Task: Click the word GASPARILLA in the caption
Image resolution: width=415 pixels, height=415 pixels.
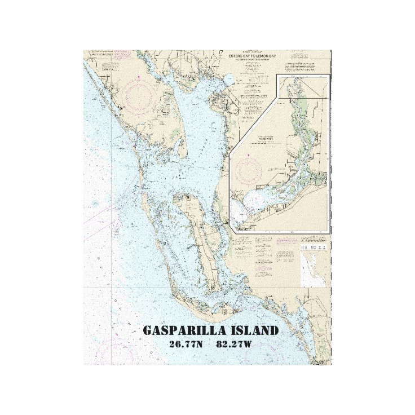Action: click(180, 330)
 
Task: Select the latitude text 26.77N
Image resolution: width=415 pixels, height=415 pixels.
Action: click(185, 344)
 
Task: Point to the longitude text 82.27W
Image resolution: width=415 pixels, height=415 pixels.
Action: click(233, 344)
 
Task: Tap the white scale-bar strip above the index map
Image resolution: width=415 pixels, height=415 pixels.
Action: click(314, 247)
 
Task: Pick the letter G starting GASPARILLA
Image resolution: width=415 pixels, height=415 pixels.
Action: click(148, 330)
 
